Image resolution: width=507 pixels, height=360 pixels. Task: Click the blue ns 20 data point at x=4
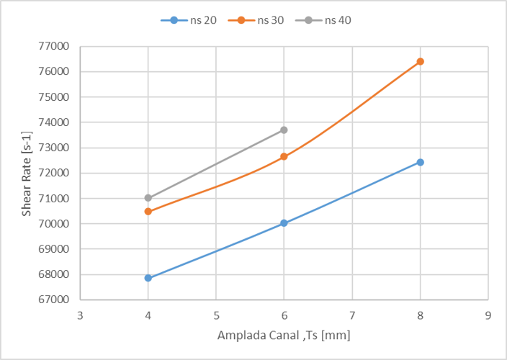pos(148,278)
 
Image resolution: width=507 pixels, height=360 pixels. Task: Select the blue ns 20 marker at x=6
pos(284,223)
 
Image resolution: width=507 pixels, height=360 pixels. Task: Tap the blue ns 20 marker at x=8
pos(420,162)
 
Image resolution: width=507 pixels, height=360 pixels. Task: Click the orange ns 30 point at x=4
pos(148,211)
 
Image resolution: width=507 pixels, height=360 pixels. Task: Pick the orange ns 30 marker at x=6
pos(284,156)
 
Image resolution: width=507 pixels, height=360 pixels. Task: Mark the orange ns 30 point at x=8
pos(420,61)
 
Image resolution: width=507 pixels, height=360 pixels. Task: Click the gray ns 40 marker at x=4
pos(148,197)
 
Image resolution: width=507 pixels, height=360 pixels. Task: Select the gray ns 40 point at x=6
pos(284,130)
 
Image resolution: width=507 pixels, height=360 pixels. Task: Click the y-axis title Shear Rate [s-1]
pos(26,174)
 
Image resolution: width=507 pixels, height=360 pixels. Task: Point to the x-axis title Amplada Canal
pos(284,336)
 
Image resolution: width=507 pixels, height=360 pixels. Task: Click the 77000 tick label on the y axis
pos(55,47)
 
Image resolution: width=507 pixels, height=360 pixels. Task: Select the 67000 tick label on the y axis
pos(55,300)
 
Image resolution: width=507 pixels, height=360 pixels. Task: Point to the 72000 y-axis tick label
pos(55,174)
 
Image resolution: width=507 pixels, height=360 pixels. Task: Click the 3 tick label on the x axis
pos(80,315)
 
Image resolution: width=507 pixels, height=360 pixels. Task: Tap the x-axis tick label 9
pos(488,315)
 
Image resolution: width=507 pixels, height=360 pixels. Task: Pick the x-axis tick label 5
pos(216,315)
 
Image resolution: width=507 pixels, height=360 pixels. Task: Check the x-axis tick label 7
pos(352,315)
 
